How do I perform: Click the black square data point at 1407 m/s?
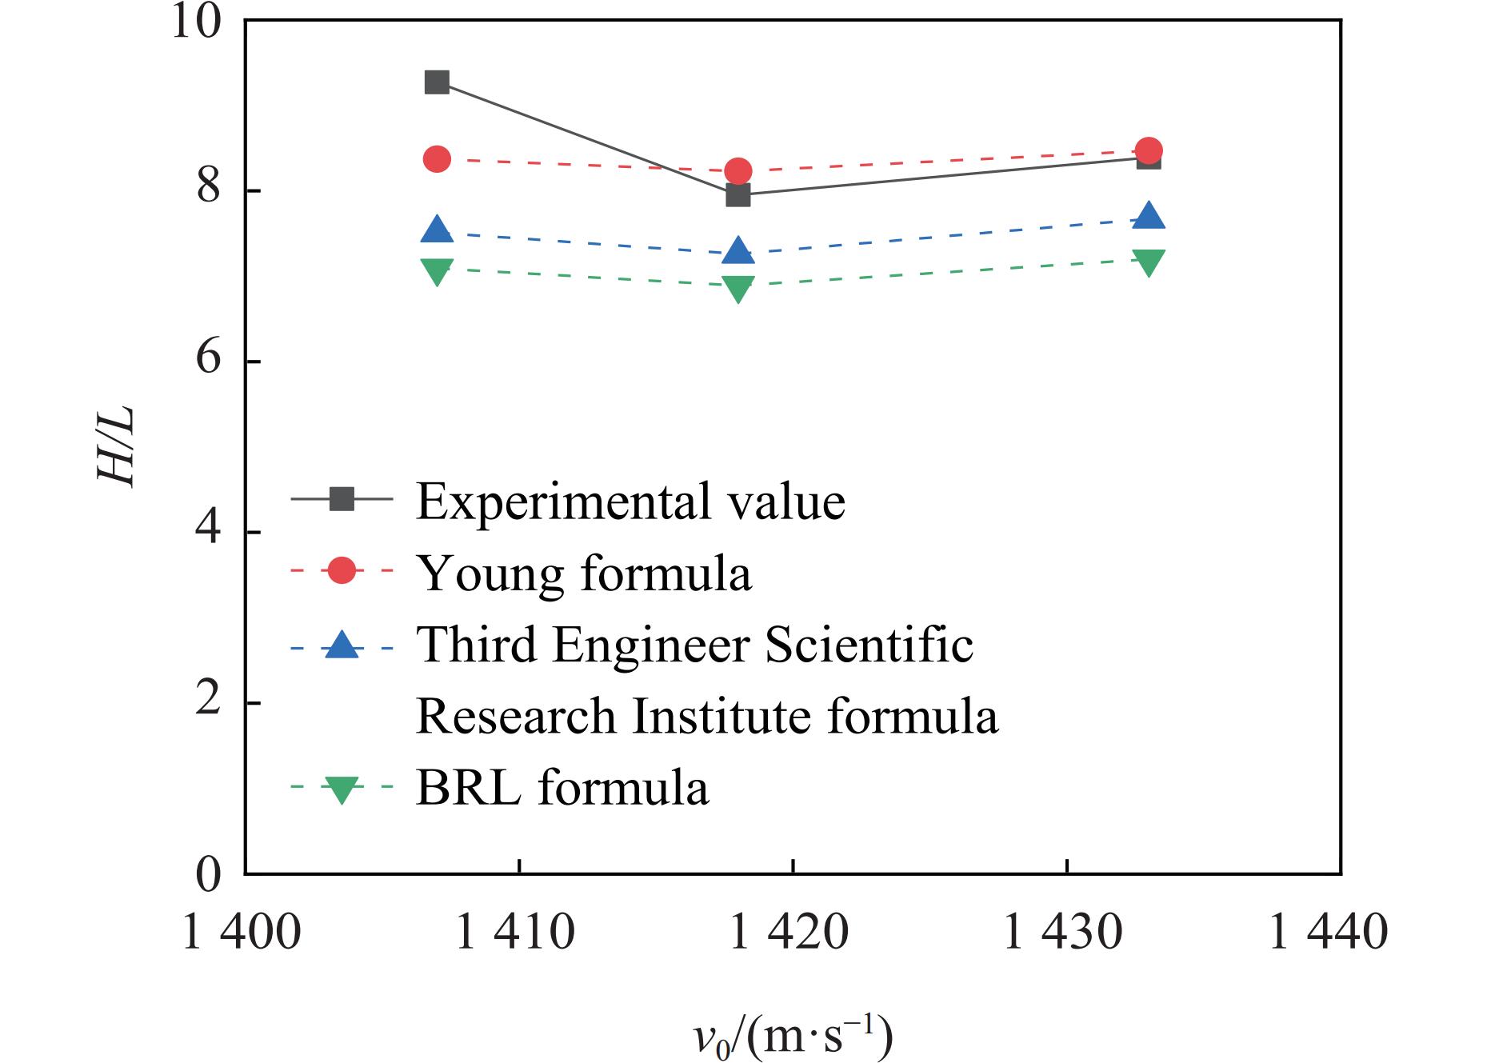click(437, 82)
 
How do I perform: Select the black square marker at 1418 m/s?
click(738, 194)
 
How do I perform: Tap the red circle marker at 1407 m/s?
click(437, 159)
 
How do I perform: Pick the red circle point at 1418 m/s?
click(738, 170)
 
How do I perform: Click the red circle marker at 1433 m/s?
click(1149, 150)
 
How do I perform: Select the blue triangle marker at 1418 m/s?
click(738, 251)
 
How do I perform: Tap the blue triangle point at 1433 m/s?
click(1149, 216)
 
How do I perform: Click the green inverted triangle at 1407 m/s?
click(437, 271)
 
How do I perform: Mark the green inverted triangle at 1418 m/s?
click(738, 288)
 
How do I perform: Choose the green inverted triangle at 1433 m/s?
click(1149, 262)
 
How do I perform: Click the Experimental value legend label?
click(630, 502)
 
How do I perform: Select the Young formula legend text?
click(584, 573)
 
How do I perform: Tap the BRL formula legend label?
click(562, 787)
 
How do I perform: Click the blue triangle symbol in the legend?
click(342, 645)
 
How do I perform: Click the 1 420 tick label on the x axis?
click(792, 933)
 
